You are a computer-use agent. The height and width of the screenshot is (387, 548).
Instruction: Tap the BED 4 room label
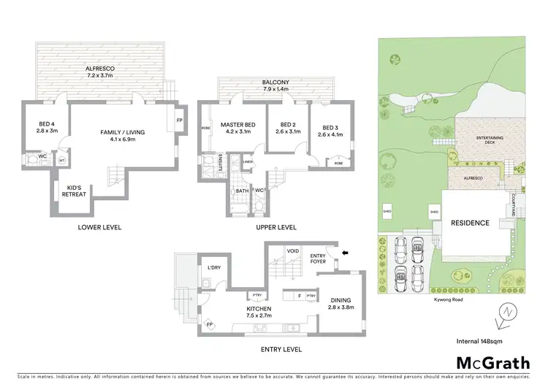click(x=47, y=129)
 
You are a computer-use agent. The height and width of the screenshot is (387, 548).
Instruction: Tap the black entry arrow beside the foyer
click(x=345, y=252)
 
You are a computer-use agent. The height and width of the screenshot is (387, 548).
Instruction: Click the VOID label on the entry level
click(x=293, y=250)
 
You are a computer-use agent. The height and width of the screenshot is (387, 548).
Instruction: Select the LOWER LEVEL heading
click(x=99, y=227)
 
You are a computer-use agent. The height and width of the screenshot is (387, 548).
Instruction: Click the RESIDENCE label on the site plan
click(x=469, y=223)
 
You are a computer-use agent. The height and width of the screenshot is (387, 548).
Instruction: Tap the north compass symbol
click(x=505, y=310)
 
